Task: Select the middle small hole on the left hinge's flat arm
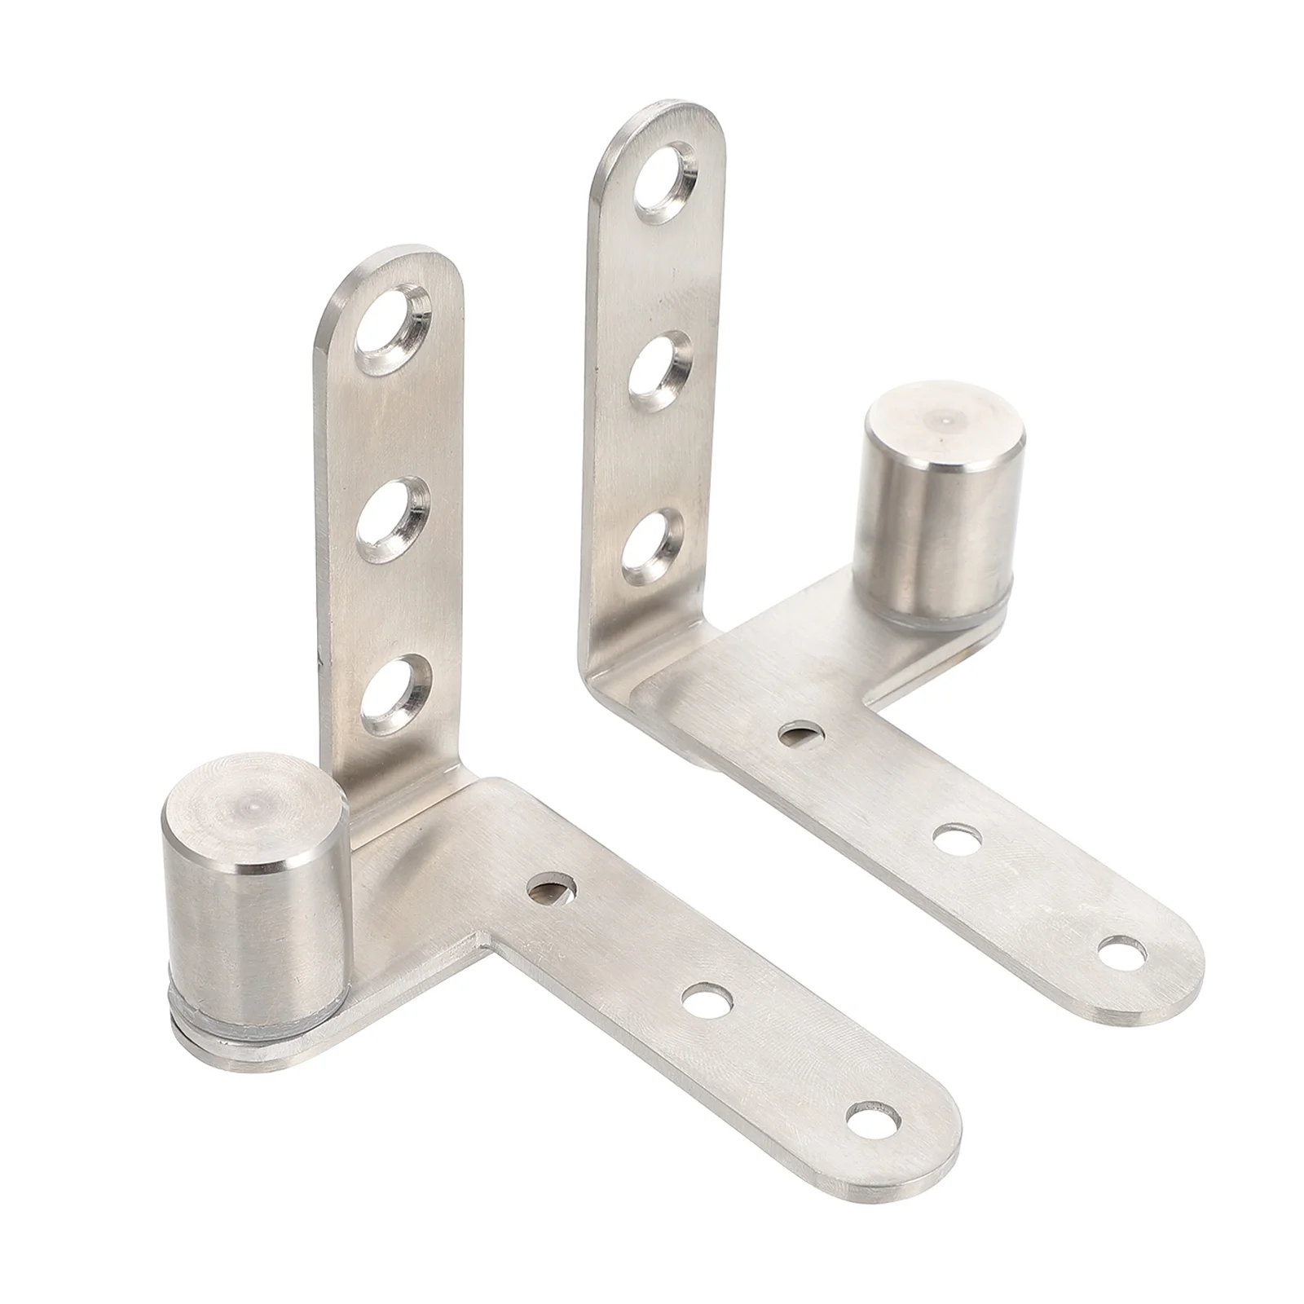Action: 706,1000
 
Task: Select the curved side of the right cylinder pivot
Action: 937,538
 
